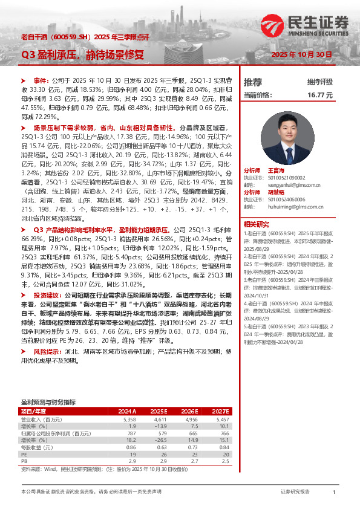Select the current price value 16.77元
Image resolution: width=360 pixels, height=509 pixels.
320,95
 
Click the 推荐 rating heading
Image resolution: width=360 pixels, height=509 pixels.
253,82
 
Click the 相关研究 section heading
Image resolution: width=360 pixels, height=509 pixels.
256,222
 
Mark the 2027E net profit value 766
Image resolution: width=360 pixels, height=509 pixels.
223,433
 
